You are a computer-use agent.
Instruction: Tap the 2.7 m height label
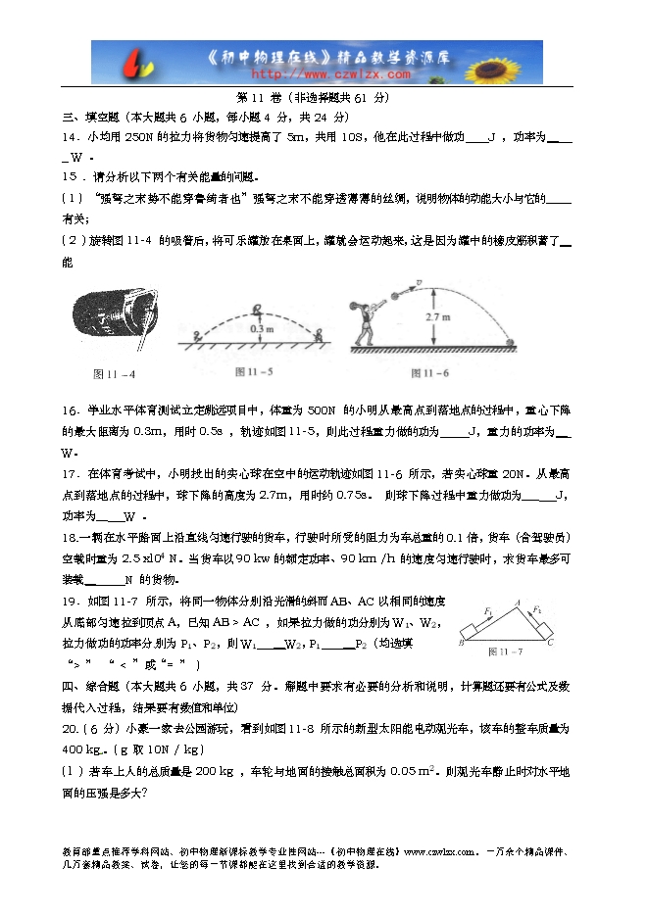point(439,318)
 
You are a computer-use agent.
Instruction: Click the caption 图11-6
point(430,373)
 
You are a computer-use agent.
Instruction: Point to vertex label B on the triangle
point(461,644)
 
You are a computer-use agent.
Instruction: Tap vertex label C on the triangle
point(551,644)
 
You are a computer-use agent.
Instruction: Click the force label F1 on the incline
point(487,610)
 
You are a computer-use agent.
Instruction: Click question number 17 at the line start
point(70,473)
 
